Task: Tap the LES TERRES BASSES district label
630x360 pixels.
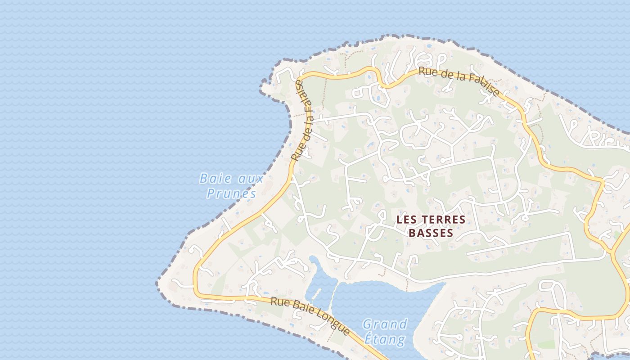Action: coord(431,226)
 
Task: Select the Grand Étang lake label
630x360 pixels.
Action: coord(385,331)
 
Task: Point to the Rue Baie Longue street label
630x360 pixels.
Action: coord(310,315)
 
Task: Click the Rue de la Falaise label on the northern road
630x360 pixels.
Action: coord(459,81)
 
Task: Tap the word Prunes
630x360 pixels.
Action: coord(231,193)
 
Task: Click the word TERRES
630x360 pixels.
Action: coord(445,220)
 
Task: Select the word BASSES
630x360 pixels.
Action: coord(431,233)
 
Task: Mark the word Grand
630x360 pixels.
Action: coord(385,324)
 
